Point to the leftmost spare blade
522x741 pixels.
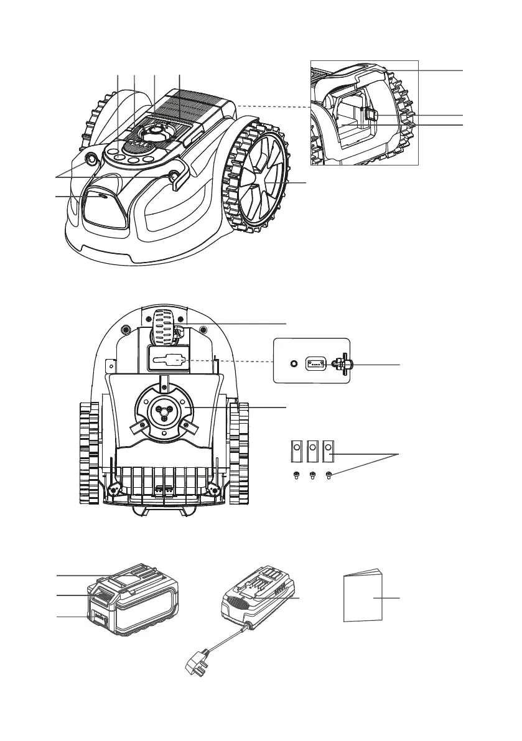coord(296,451)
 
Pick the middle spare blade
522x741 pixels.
coord(313,451)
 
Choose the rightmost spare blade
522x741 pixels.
coord(329,451)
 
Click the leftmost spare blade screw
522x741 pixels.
coord(296,476)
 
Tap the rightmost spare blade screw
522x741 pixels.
coord(329,476)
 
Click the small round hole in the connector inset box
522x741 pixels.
coord(293,363)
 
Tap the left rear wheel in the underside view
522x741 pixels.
coord(89,452)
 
